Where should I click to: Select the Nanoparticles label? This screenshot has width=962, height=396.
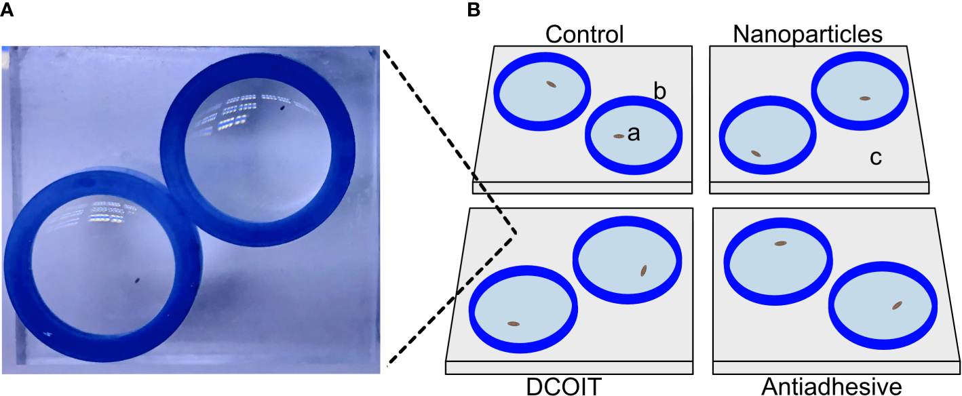(807, 34)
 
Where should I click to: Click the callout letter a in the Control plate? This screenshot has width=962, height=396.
(634, 134)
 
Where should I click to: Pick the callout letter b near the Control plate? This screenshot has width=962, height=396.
(659, 91)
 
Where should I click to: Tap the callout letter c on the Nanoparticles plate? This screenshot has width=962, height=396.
(876, 158)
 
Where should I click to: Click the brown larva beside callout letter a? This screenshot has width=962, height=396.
(619, 136)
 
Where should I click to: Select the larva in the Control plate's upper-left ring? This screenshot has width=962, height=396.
(551, 85)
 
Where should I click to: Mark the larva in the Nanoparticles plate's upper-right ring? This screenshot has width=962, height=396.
(864, 98)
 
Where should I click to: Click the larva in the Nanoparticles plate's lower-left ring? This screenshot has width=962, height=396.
(756, 153)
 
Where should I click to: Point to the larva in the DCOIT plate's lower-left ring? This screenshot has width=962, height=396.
(514, 324)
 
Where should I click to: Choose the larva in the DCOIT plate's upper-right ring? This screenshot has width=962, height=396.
(643, 271)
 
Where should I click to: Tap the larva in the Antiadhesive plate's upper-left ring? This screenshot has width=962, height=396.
(780, 243)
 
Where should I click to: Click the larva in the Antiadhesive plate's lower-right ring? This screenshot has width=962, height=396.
(897, 306)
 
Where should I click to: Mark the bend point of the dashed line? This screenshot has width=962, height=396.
(516, 234)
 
